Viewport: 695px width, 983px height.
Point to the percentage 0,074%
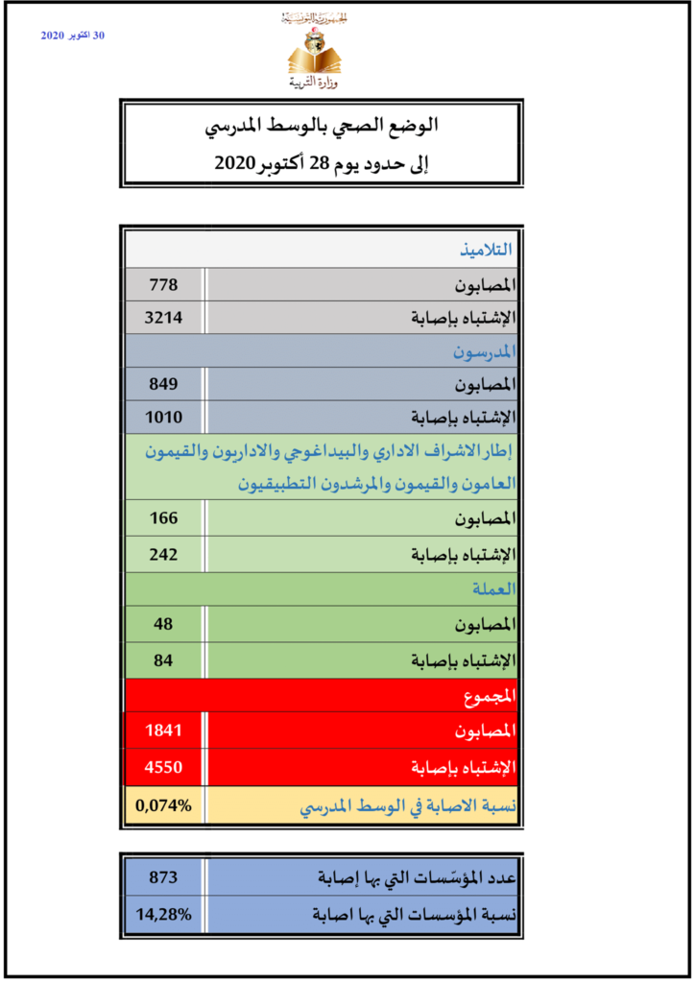[x=163, y=806]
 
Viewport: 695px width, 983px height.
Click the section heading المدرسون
[x=484, y=351]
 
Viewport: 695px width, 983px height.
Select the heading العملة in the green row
[x=494, y=588]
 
